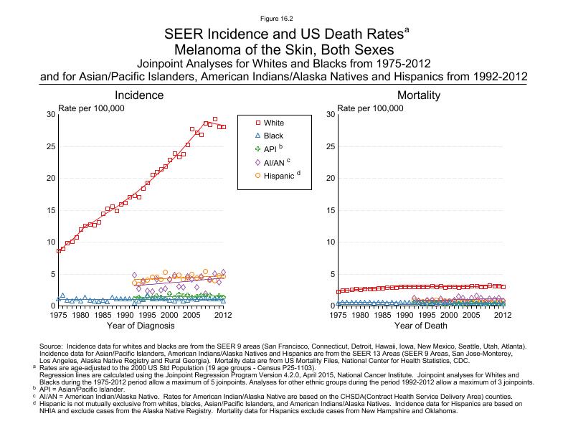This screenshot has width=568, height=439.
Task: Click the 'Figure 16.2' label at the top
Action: [x=283, y=16]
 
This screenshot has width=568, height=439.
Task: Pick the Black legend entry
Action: [x=273, y=136]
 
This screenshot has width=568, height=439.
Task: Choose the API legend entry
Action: [x=272, y=148]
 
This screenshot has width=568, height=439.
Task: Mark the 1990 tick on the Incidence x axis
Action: [x=125, y=314]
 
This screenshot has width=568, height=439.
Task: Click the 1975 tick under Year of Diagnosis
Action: [x=58, y=314]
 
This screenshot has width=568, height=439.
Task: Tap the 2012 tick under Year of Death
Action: [x=503, y=314]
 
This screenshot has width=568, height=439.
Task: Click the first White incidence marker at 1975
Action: [x=59, y=251]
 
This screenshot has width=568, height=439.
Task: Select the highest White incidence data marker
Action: [x=214, y=119]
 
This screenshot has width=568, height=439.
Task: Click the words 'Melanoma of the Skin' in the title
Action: [x=240, y=49]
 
